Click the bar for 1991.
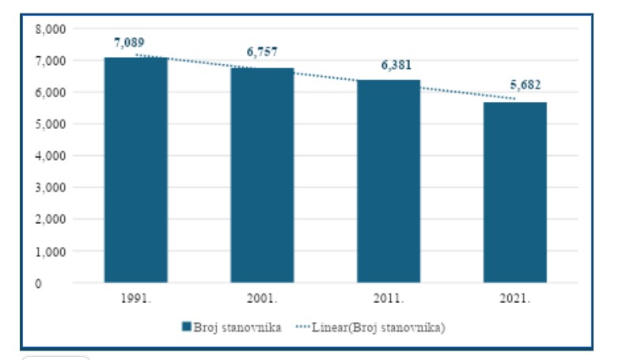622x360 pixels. click(x=135, y=170)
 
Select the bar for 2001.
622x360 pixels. click(x=262, y=176)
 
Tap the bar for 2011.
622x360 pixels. click(x=389, y=181)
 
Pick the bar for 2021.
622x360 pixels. click(x=515, y=192)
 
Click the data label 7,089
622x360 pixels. click(x=129, y=42)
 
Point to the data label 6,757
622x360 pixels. click(x=262, y=52)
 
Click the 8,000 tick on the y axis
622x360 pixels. click(x=50, y=28)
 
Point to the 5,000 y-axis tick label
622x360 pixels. click(x=50, y=124)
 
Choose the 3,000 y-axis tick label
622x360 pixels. click(x=50, y=188)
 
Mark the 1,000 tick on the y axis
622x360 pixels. click(x=50, y=251)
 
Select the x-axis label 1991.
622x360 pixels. click(x=135, y=299)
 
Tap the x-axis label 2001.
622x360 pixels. click(x=262, y=299)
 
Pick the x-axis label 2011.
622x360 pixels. click(x=389, y=299)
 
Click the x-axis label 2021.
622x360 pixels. click(x=515, y=299)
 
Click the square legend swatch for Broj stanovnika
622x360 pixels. click(x=187, y=328)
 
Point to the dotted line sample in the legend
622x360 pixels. click(x=304, y=328)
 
